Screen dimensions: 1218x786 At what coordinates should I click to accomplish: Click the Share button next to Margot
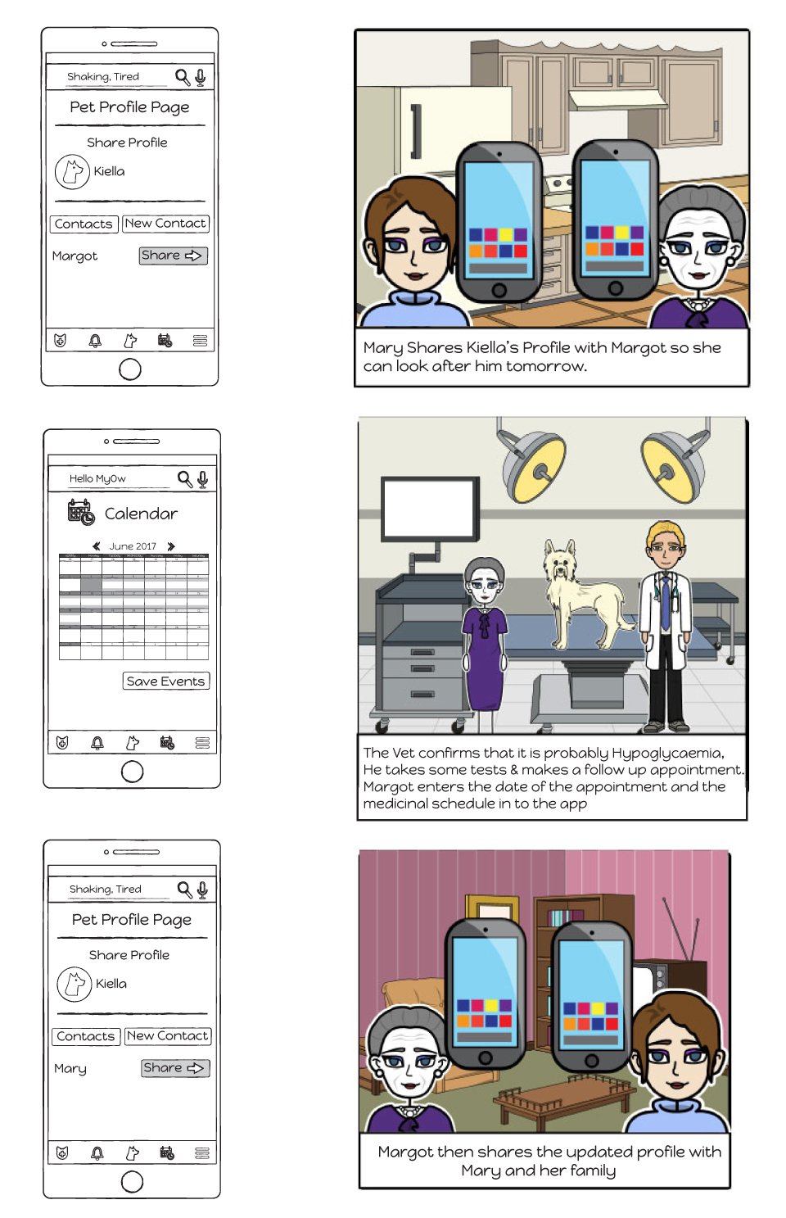[173, 256]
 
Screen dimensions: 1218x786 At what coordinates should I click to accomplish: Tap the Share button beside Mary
[175, 1068]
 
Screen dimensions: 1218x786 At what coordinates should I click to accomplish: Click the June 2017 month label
[133, 546]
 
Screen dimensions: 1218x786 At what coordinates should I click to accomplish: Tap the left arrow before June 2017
[97, 546]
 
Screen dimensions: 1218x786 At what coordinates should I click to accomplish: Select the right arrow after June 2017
[171, 546]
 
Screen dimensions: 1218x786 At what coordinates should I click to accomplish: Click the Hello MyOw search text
[97, 478]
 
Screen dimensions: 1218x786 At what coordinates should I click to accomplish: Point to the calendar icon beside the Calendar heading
[80, 512]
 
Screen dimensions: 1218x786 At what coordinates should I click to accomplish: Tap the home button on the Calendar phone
[132, 771]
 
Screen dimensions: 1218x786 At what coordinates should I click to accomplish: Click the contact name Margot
[75, 256]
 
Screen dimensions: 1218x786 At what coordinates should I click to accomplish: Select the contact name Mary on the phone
[70, 1069]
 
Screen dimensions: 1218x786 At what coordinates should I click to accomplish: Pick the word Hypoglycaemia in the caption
[666, 753]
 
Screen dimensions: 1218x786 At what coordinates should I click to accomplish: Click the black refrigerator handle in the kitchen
[416, 131]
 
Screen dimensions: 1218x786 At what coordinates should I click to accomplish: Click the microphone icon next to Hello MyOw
[202, 478]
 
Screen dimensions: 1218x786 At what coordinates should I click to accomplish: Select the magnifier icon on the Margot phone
[182, 77]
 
